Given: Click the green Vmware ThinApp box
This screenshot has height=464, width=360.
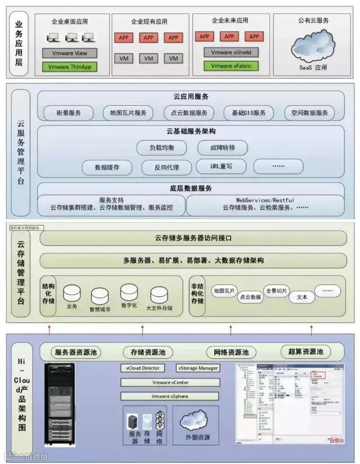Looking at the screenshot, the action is [69, 66].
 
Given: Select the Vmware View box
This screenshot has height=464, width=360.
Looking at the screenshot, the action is [69, 53].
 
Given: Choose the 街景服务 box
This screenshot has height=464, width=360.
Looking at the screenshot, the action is [69, 112].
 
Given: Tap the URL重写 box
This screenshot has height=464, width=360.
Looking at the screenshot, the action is [222, 166].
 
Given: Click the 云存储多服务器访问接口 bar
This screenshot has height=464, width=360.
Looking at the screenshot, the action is [193, 238].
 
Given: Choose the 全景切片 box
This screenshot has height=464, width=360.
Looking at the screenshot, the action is [276, 291].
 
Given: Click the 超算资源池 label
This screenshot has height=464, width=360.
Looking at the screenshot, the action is [305, 352].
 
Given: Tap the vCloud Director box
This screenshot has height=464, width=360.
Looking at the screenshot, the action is [143, 368].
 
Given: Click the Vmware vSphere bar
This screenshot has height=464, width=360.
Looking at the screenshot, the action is [169, 396].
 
